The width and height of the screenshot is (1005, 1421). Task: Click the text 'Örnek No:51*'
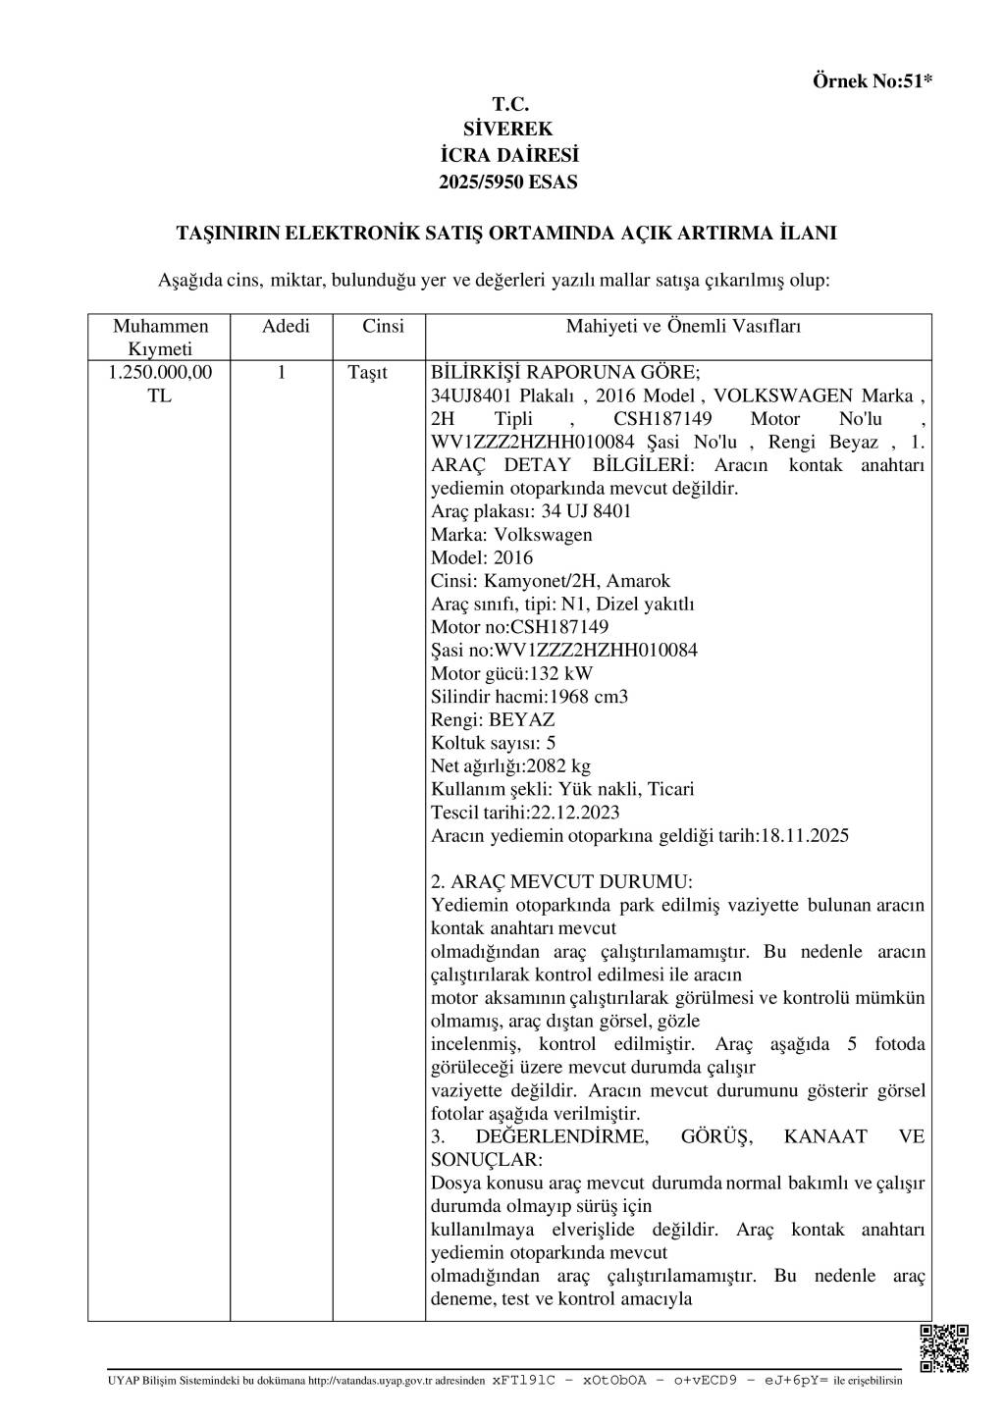(872, 81)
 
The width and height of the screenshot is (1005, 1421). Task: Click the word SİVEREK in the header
(508, 129)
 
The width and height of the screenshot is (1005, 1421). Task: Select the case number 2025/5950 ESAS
(508, 182)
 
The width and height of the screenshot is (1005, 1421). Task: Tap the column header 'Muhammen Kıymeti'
(161, 338)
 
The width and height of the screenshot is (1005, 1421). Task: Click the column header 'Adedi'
(286, 327)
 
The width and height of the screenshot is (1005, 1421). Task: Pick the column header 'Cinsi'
(383, 327)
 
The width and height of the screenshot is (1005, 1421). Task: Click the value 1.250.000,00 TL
(161, 384)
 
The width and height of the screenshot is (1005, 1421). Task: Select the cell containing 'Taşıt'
(368, 373)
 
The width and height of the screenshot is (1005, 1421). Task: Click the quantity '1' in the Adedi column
(282, 373)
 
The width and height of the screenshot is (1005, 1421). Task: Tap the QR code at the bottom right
(944, 1347)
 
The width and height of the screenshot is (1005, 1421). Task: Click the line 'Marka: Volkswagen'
(511, 535)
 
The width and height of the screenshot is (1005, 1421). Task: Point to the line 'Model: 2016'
(482, 557)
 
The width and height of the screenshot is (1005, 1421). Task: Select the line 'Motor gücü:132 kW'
(511, 673)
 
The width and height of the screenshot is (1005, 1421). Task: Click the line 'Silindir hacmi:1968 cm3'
(529, 697)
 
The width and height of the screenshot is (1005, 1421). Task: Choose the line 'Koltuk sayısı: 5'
(493, 743)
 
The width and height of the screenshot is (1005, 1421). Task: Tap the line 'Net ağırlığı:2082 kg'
(510, 766)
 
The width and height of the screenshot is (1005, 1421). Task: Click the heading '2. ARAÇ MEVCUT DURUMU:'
(561, 882)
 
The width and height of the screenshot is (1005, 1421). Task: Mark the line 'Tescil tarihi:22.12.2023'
(525, 813)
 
